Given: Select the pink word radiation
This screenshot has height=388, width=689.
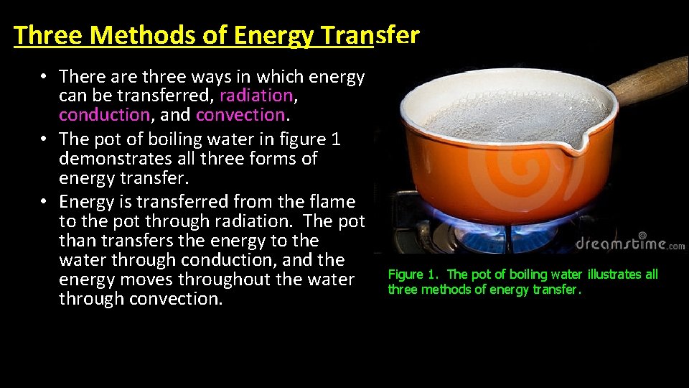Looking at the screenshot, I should point(256,96).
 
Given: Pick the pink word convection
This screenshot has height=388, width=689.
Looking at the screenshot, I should point(240,115).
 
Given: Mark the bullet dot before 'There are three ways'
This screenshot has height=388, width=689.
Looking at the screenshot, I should point(44,77).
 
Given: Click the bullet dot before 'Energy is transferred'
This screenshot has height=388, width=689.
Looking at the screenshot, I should point(44,202).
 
